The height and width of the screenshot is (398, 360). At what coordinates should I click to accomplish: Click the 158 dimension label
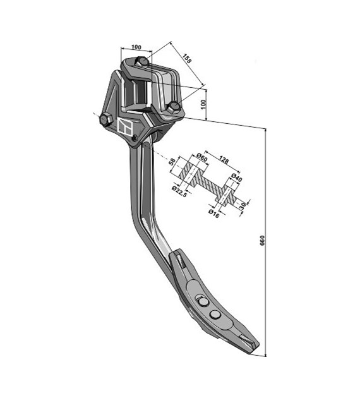tap(187, 59)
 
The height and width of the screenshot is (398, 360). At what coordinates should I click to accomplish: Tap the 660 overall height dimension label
tap(262, 240)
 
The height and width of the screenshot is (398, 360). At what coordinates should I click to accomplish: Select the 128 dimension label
tap(224, 160)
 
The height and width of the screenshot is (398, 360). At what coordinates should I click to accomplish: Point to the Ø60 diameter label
tap(202, 157)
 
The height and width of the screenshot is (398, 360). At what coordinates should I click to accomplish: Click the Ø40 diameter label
tap(237, 178)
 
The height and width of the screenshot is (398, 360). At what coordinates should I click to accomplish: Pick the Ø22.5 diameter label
tap(179, 191)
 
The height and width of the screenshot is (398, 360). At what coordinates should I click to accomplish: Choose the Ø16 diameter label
tap(213, 214)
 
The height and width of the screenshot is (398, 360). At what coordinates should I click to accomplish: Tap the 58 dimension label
tap(172, 162)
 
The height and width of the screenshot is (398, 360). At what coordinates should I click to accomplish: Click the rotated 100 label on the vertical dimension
tap(204, 105)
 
